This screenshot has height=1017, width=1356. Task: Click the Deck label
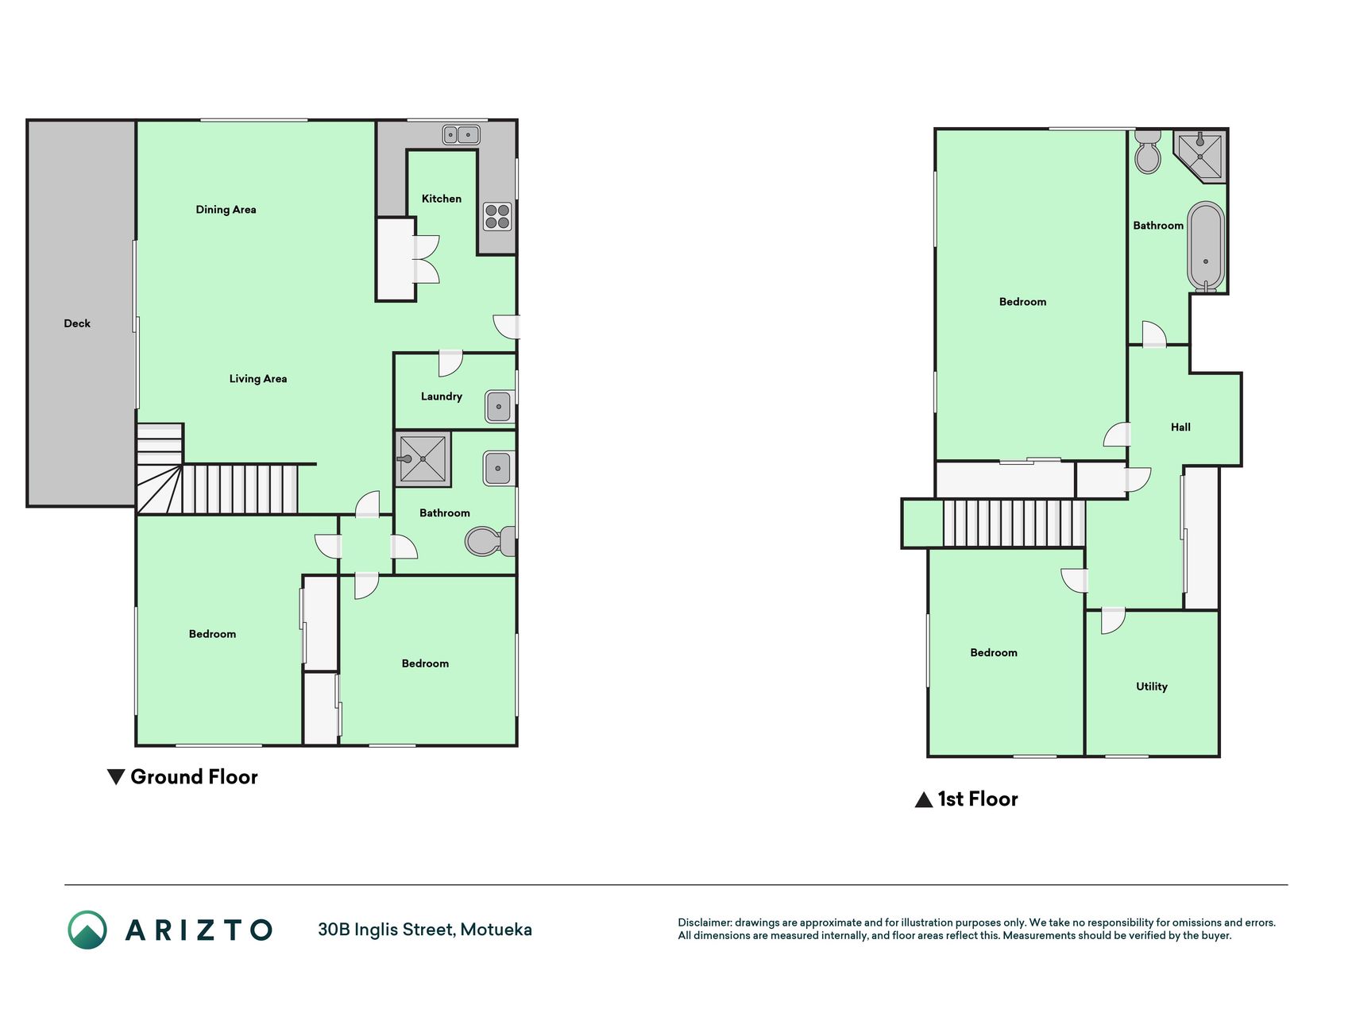[77, 323]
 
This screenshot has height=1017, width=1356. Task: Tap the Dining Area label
[226, 210]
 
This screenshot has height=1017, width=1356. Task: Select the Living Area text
[258, 379]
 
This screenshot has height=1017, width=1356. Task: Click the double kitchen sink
[461, 135]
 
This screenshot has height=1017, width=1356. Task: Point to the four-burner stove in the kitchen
[497, 216]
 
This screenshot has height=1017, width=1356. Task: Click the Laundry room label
[442, 396]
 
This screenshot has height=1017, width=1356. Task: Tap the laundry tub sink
[499, 407]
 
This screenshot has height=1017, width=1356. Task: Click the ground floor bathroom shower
[423, 458]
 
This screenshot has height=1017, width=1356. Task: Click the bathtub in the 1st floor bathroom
[1206, 247]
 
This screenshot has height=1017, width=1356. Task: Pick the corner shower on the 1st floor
[1201, 156]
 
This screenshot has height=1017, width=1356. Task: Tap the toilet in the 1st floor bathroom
[1148, 152]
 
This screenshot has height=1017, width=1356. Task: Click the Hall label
[1180, 427]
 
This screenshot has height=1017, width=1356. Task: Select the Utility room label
[1152, 686]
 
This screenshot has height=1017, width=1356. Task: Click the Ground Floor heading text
[194, 777]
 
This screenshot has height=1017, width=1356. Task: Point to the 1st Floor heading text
[978, 799]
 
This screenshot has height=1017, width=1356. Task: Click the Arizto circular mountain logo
[87, 930]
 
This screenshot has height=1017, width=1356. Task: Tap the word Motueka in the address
[496, 930]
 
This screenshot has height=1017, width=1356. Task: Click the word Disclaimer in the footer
[705, 922]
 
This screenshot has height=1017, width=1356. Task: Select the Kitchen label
[442, 199]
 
